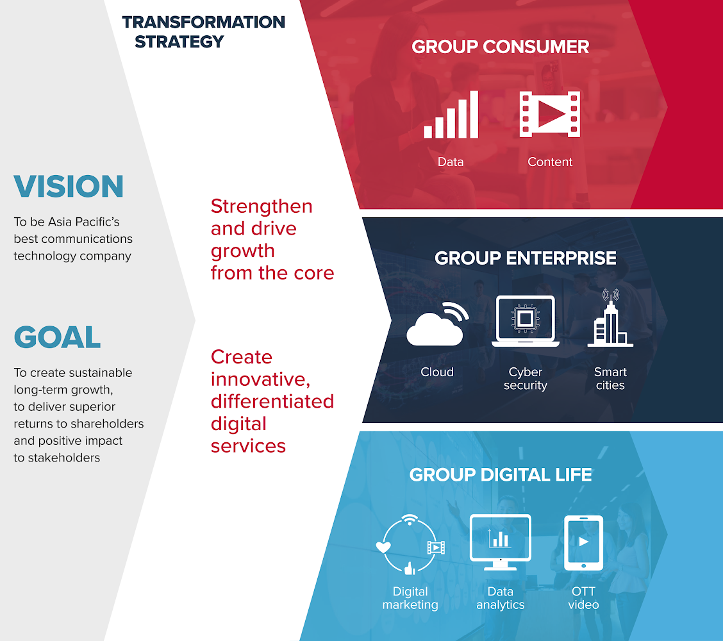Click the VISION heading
point(69,187)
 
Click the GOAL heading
point(57,337)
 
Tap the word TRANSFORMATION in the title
point(203,22)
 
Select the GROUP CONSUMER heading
point(501,47)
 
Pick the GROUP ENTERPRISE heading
point(525,258)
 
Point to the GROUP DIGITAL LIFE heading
point(501,474)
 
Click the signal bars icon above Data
point(451,114)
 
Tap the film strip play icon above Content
point(550,114)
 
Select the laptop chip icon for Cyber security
point(525,321)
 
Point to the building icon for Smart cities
point(610,318)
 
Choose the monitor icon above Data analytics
point(501,542)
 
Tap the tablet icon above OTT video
point(584,543)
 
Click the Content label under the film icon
point(550,162)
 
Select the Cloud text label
point(437,372)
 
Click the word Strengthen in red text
point(262,206)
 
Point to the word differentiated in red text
point(272,401)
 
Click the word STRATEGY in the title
point(179,42)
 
